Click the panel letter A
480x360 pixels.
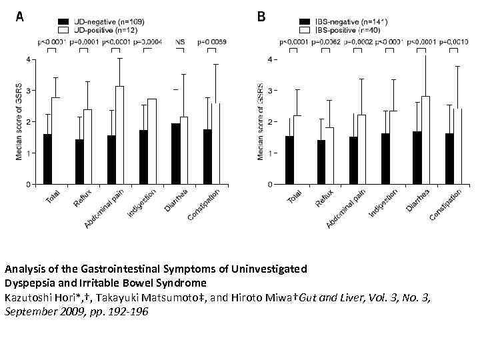coord(20,17)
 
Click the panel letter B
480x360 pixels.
coord(261,17)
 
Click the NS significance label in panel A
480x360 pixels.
coord(180,42)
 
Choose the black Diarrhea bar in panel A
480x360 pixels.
coord(175,153)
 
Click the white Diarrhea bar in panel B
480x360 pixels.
coord(425,140)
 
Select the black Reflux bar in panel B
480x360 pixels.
coord(321,161)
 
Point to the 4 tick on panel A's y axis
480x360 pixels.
coord(27,59)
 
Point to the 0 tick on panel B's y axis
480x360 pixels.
coord(270,184)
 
